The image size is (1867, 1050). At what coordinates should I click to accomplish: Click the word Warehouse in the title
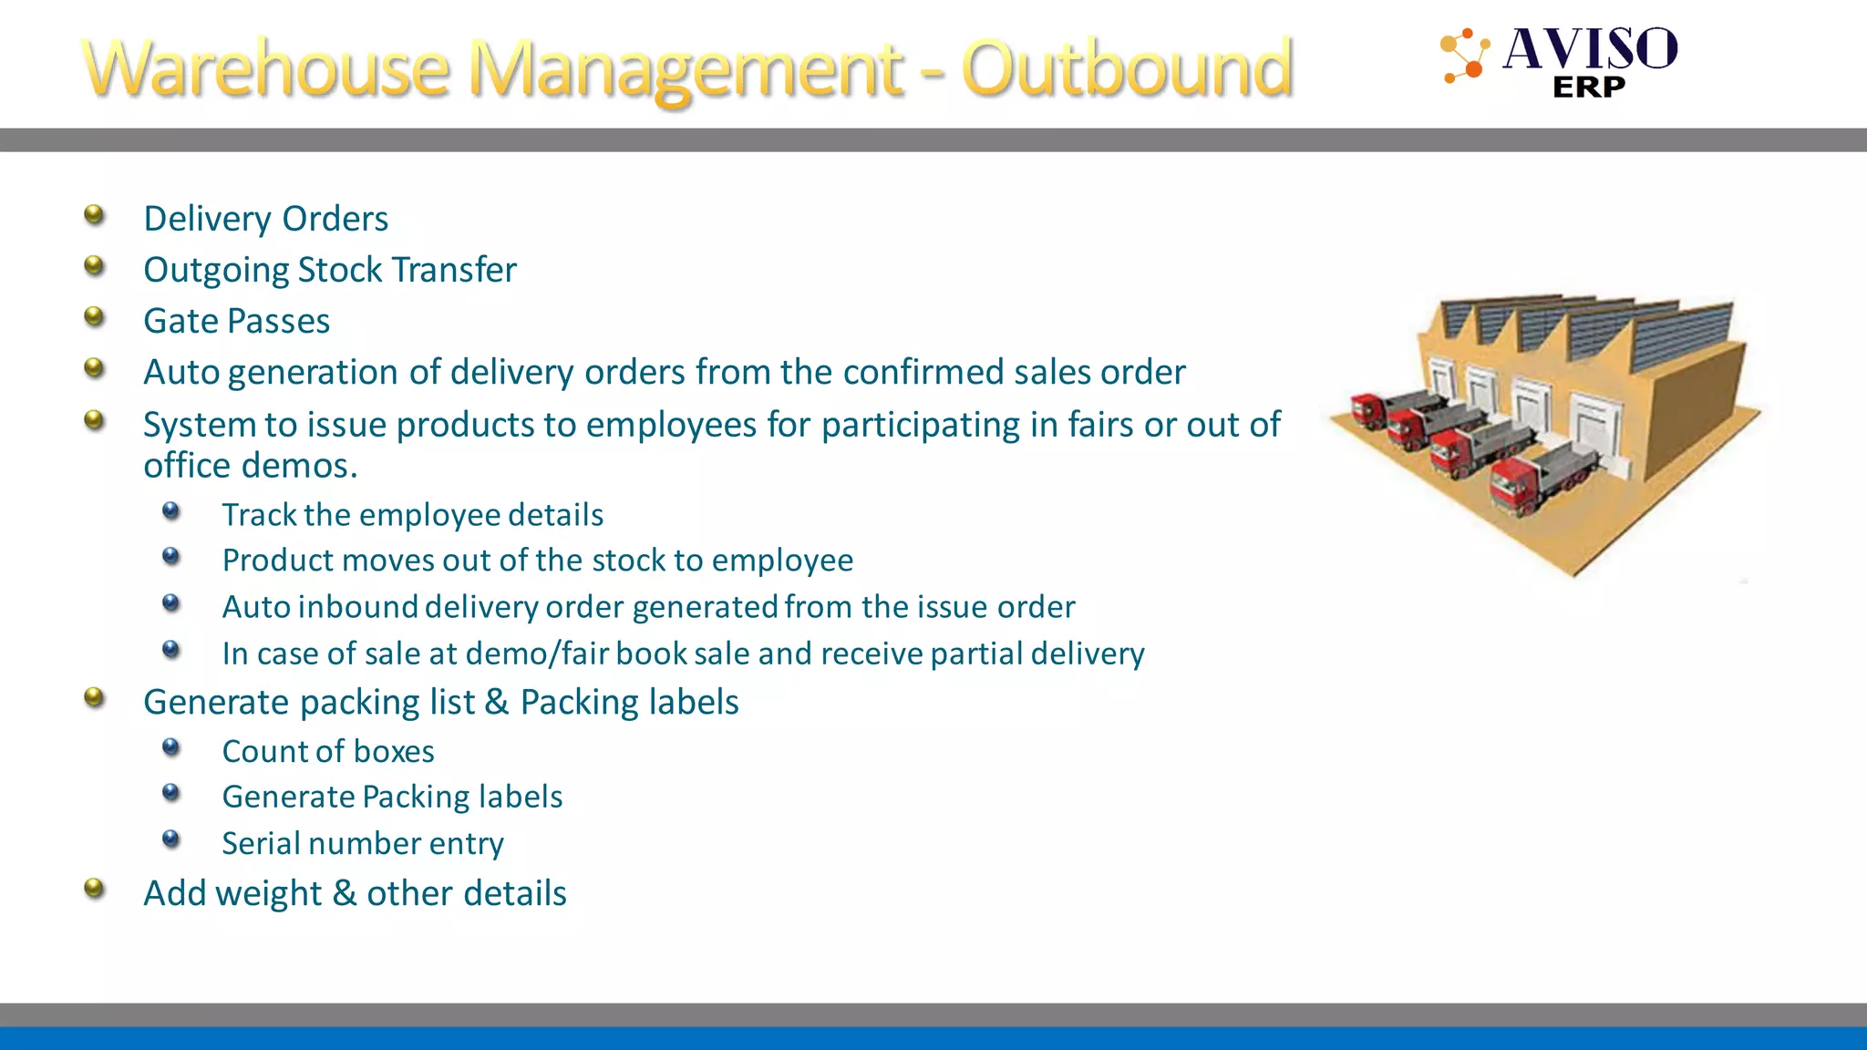tap(266, 69)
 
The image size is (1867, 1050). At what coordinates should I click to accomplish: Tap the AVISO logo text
tap(1590, 49)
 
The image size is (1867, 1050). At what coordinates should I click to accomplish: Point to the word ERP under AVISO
tap(1589, 87)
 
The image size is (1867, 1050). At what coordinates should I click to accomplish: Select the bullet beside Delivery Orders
tap(94, 216)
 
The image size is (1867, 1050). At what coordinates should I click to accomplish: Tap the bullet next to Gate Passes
tap(94, 317)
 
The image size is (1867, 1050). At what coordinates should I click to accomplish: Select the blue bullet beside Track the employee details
tap(171, 511)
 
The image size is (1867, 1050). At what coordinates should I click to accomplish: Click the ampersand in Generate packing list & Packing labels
tap(497, 703)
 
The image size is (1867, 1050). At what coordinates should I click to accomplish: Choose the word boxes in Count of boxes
tap(394, 752)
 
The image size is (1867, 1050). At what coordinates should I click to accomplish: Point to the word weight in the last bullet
tap(269, 894)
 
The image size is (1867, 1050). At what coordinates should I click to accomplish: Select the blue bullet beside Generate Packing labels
tap(171, 793)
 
